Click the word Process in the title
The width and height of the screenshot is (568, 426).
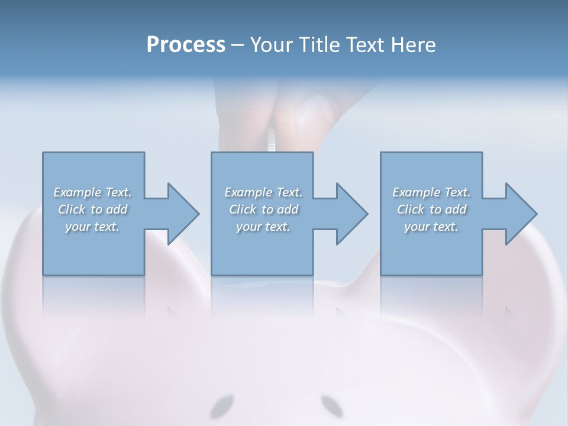pos(186,44)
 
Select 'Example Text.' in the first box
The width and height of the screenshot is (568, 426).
pos(92,192)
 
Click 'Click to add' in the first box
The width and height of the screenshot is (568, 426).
pos(92,209)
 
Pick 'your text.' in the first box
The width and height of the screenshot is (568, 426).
pos(92,227)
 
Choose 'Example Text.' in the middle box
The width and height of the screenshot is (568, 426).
pos(263,192)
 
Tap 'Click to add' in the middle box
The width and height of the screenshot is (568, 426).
pos(263,209)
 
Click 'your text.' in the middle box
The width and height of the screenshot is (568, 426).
pos(263,227)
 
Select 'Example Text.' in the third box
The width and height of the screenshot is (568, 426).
pos(431,192)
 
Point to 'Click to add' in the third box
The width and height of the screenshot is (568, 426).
pos(431,209)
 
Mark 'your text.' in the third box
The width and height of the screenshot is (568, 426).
pos(431,227)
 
